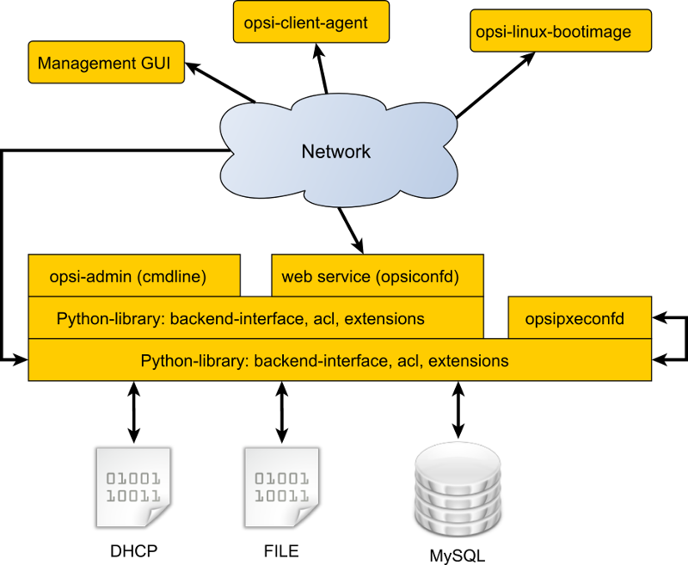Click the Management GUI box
tap(106, 63)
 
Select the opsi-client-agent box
tap(311, 22)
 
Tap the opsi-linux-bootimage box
tap(561, 32)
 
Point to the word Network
tap(336, 152)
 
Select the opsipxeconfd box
tap(580, 319)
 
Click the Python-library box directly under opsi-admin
tap(255, 319)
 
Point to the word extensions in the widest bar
tap(468, 361)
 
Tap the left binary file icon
tap(133, 486)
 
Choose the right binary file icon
tap(281, 486)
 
